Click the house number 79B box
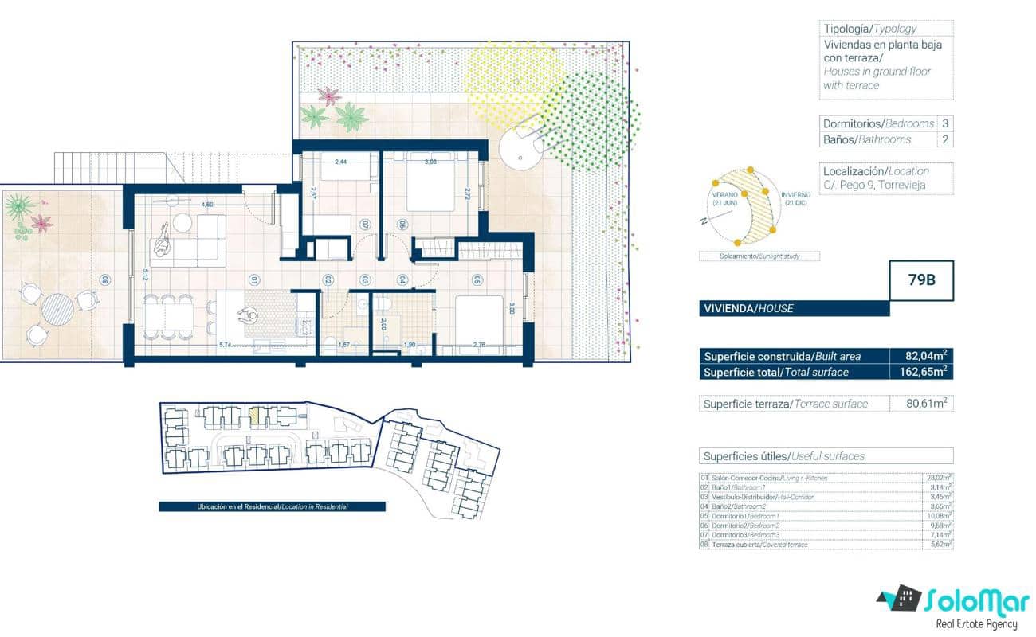click(921, 280)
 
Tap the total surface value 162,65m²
click(922, 372)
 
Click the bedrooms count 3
click(945, 123)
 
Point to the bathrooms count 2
click(945, 139)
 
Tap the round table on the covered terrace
click(57, 308)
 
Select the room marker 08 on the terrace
click(103, 279)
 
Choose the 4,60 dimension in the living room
click(207, 205)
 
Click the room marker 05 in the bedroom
click(477, 279)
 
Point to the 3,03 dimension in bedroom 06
click(431, 162)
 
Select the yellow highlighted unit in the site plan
click(256, 414)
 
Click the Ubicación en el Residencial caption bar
click(272, 506)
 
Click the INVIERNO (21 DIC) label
click(796, 198)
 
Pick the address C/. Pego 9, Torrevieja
click(875, 186)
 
